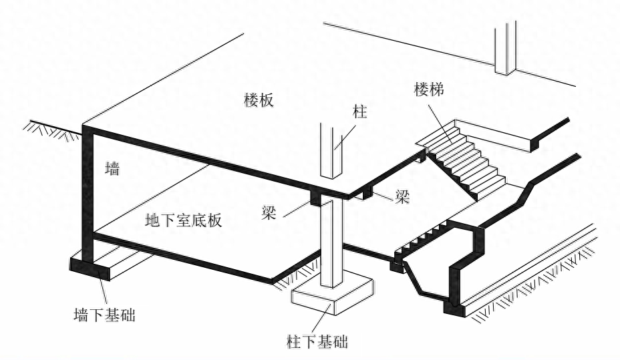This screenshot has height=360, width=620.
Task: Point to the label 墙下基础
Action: pos(104,314)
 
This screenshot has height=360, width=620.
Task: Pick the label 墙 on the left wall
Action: pos(112,170)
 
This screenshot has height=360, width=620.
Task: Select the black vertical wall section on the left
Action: pos(86,194)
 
